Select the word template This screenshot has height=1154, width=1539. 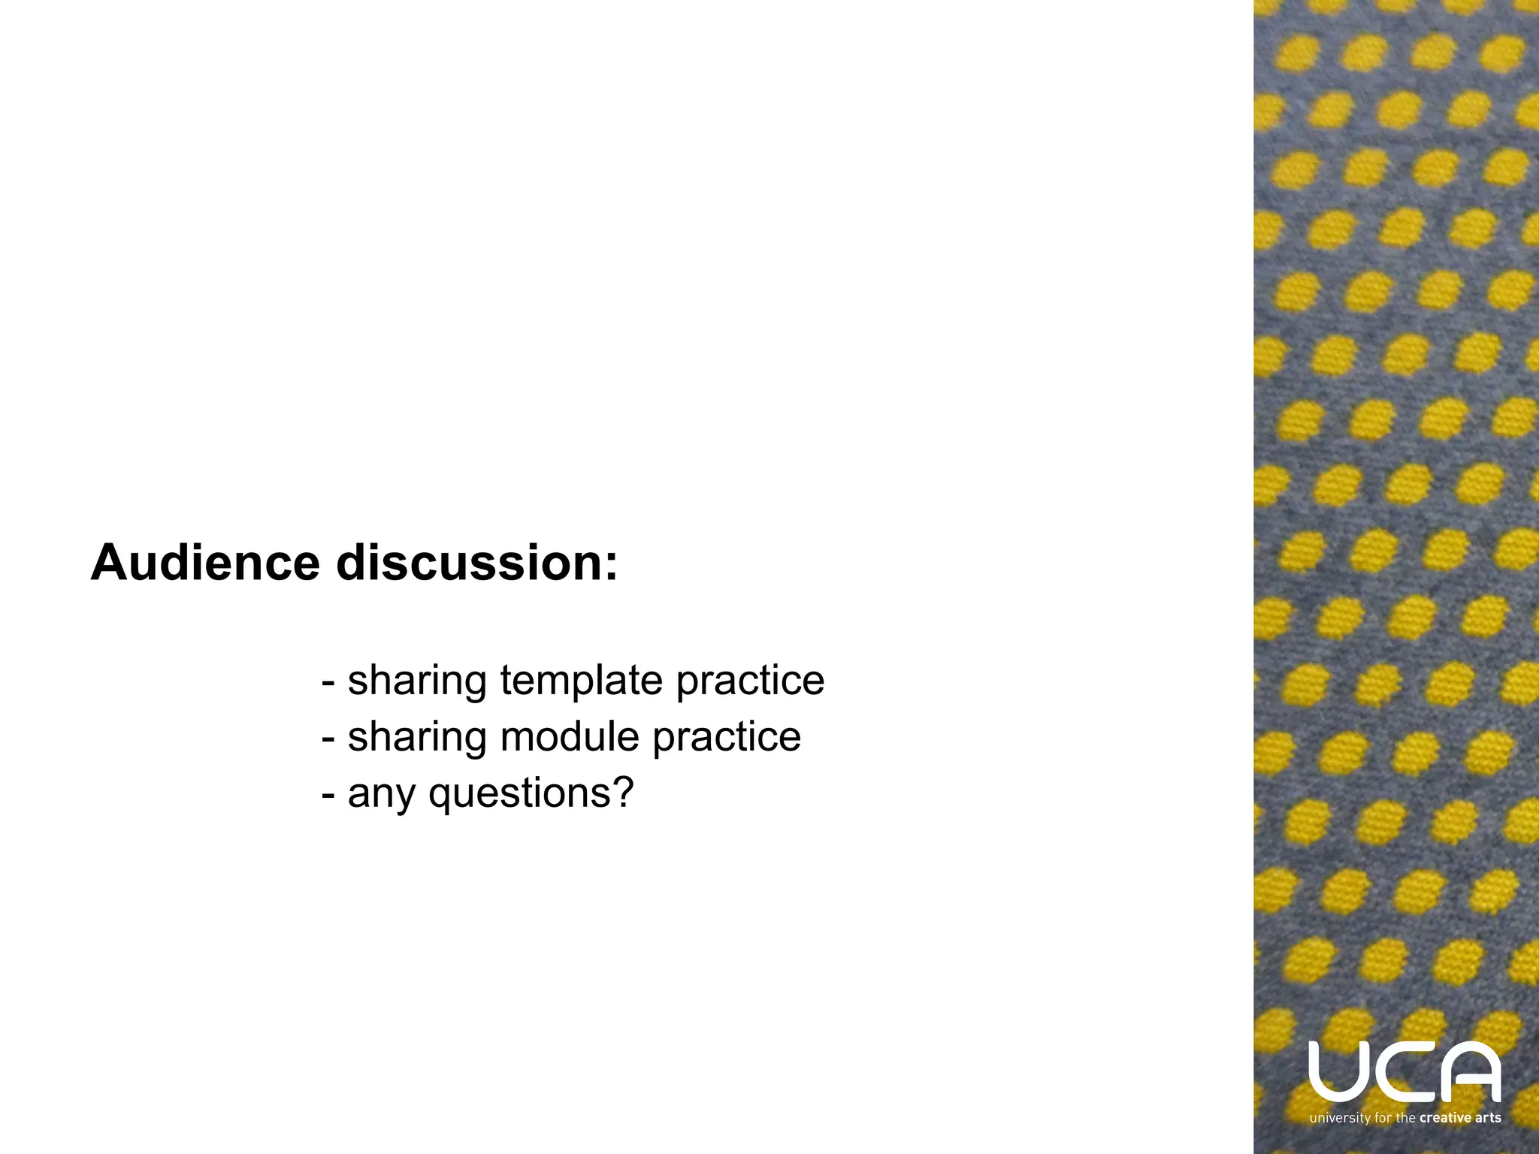[581, 681]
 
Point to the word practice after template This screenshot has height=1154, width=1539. [750, 681]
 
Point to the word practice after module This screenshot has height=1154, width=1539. [726, 736]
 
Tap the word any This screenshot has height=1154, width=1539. [381, 793]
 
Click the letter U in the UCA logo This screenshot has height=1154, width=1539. [1335, 1071]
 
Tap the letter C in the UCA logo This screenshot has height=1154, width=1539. [1403, 1071]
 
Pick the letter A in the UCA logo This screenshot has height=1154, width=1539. [1471, 1071]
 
